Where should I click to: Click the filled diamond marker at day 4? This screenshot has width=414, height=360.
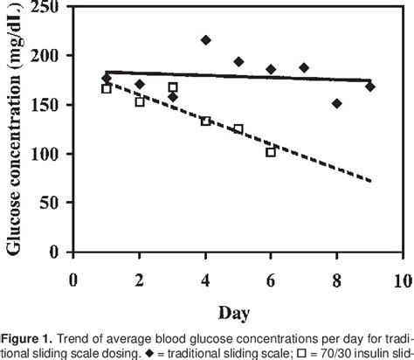(x=206, y=40)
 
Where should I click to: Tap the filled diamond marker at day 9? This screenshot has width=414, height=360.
(x=370, y=87)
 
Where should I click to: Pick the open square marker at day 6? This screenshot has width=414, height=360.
(x=271, y=152)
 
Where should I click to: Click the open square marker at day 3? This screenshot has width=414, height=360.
(x=173, y=87)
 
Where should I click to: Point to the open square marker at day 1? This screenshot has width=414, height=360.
(x=107, y=89)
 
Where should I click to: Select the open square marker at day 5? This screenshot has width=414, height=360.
(x=238, y=129)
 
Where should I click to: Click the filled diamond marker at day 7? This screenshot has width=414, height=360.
(x=304, y=67)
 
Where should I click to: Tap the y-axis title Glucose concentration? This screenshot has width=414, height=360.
(x=15, y=131)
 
